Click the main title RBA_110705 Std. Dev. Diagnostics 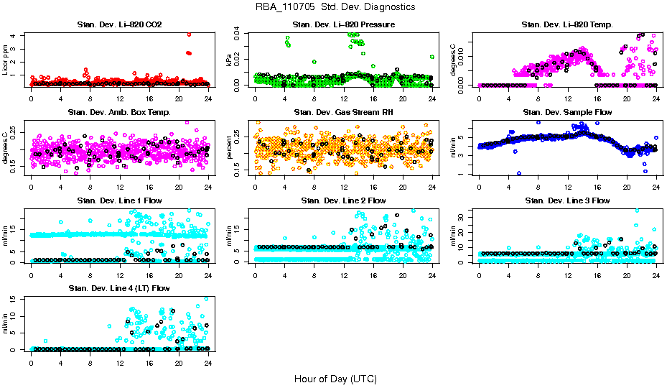(x=335, y=7)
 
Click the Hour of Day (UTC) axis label (x=335, y=378)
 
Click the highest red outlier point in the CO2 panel (x=188, y=34)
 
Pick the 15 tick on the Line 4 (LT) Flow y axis (x=17, y=300)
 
